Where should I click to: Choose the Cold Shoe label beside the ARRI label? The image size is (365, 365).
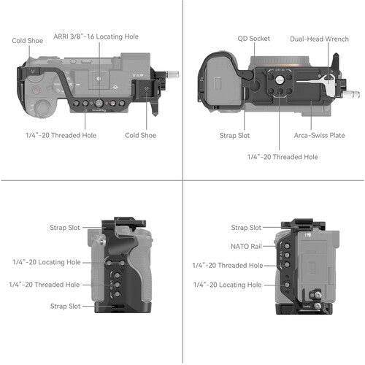pyautogui.click(x=26, y=41)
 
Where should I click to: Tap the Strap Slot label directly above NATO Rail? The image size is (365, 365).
pyautogui.click(x=246, y=228)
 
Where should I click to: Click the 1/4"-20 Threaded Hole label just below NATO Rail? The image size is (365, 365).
pyautogui.click(x=226, y=265)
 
